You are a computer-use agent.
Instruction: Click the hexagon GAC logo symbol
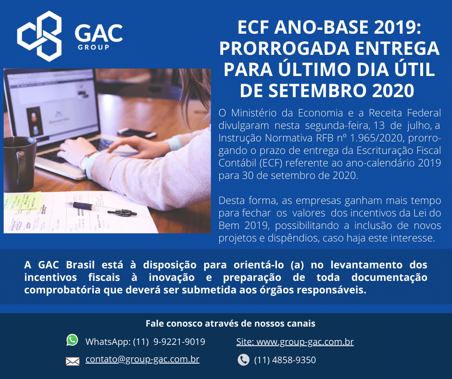pos(39,36)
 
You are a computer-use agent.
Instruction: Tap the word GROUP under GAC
pos(93,47)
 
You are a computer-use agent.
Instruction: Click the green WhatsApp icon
pos(72,340)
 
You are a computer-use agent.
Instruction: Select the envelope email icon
pos(73,361)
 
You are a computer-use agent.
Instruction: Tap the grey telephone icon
pos(244,360)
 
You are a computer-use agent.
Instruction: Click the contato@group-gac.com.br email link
pos(142,359)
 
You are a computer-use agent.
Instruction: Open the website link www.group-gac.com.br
pos(305,341)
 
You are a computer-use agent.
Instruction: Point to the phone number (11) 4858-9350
pos(285,360)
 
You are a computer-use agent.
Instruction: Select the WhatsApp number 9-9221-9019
pos(179,341)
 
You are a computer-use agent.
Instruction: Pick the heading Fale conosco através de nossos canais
pos(230,323)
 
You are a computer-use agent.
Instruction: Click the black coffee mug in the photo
pos(19,164)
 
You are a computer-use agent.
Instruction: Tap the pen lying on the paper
pos(101,209)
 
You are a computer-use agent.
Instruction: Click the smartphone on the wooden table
pos(137,133)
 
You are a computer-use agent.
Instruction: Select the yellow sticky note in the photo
pos(22,201)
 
